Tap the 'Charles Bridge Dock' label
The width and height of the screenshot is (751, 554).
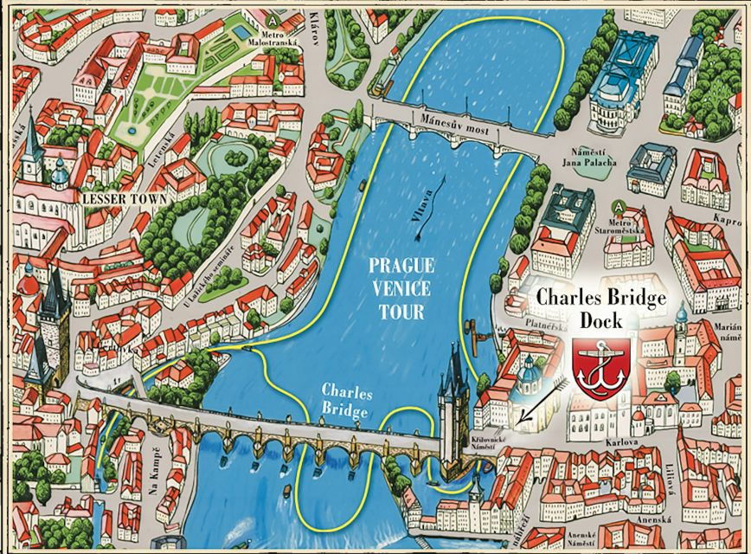601,307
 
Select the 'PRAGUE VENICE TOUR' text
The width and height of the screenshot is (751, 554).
401,287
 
